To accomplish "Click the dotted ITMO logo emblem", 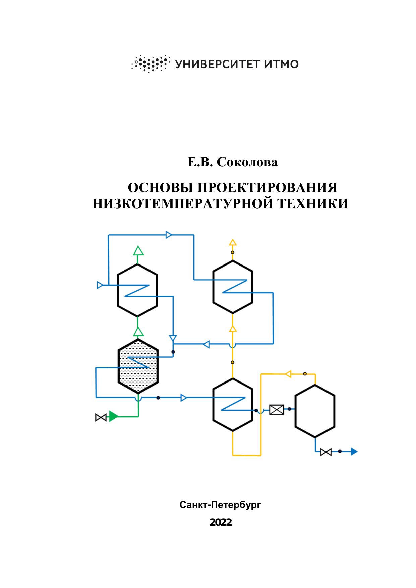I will pos(150,63).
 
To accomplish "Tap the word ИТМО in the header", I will pos(281,64).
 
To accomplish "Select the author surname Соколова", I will pos(247,162).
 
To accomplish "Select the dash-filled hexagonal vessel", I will pos(138,366).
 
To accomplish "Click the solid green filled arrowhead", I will pos(114,417).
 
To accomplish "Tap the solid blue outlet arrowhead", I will pos(354,451).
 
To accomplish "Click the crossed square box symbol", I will pos(277,409).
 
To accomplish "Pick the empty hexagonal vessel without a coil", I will pos(315,411).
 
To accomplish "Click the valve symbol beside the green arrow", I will pos(101,417).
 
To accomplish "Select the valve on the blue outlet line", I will pos(326,452).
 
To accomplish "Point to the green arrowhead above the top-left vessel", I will pos(138,251).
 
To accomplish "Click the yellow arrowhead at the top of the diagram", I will pos(233,242).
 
